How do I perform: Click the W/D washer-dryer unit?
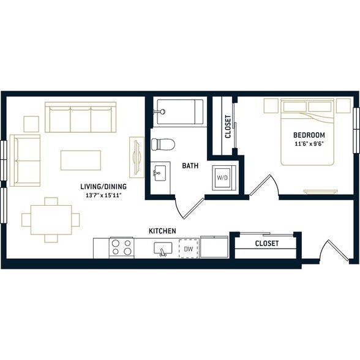224,178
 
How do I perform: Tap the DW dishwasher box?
189,249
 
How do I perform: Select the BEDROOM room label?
309,135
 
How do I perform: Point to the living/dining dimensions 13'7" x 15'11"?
103,196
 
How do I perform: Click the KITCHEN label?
162,231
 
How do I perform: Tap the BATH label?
190,165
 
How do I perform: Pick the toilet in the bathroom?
163,144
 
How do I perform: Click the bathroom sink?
160,173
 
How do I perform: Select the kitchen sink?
163,249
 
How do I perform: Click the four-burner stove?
121,248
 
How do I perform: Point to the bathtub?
178,112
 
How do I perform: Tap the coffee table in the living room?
81,160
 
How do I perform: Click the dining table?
51,220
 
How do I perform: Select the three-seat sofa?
80,117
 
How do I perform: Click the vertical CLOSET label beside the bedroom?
228,127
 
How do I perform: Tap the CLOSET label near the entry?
267,244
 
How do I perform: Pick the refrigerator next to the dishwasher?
214,247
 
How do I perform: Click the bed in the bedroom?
307,132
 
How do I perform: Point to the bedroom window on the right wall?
356,130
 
